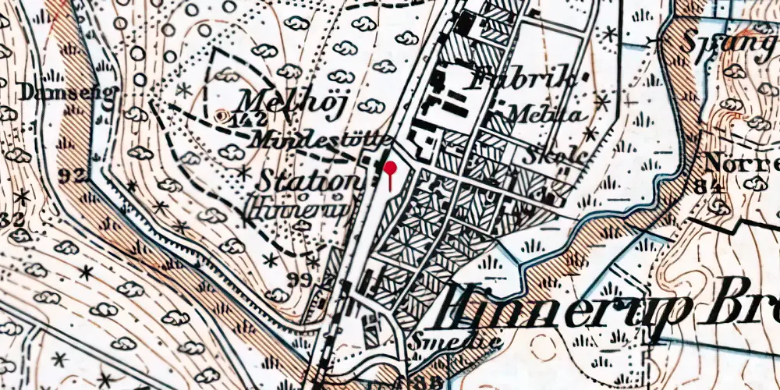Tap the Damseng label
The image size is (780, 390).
[x=58, y=93]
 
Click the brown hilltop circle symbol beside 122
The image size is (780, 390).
[x=224, y=118]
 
